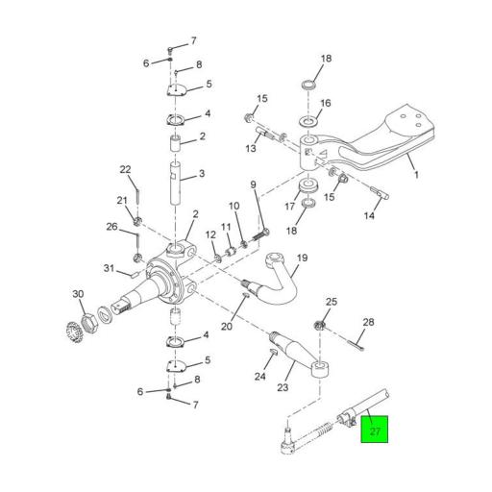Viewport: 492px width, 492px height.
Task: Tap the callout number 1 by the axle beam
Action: click(x=416, y=176)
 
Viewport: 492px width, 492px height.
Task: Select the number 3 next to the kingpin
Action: click(x=203, y=174)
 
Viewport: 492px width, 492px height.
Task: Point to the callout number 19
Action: click(x=301, y=258)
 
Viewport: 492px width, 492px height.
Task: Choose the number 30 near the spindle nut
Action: click(x=78, y=294)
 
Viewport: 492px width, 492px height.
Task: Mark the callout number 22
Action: click(x=125, y=170)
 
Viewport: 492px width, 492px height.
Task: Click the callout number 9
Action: click(x=254, y=184)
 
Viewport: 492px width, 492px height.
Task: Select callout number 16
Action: click(x=325, y=104)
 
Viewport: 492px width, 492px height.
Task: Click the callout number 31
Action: click(x=110, y=268)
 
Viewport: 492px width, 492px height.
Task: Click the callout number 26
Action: click(x=111, y=227)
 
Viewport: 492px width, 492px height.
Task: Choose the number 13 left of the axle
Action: click(x=251, y=148)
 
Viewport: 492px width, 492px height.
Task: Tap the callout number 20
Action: click(x=227, y=326)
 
